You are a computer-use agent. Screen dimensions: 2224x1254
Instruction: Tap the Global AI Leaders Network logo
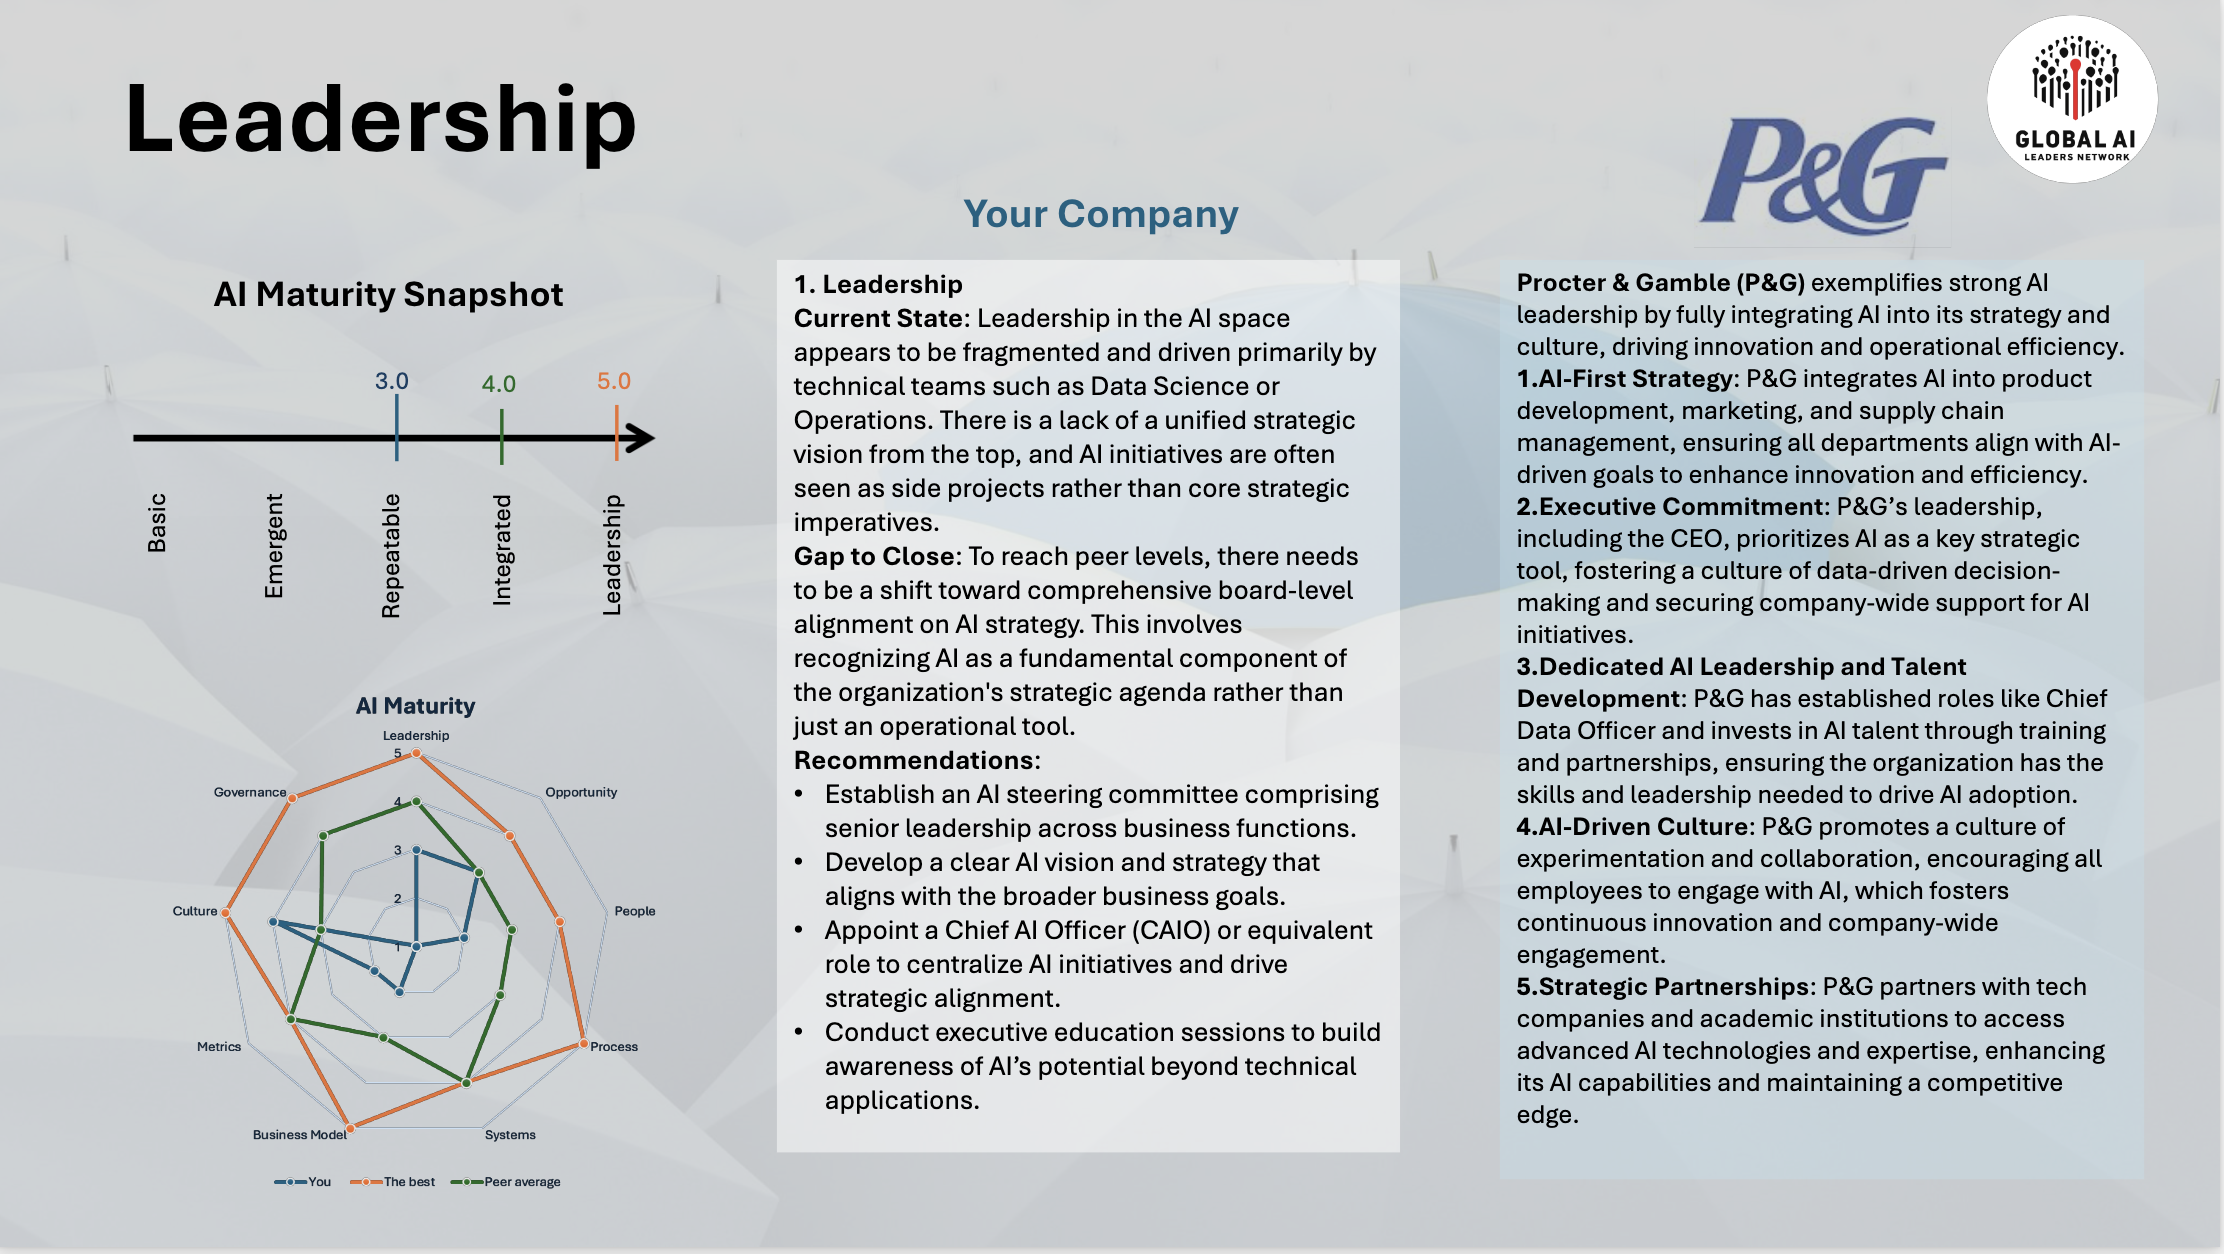[x=2072, y=99]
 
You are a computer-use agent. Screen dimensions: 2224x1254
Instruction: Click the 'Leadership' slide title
[x=381, y=120]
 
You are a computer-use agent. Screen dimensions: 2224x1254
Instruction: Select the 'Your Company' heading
[x=1100, y=214]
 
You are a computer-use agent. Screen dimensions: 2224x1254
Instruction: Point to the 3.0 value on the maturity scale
[x=392, y=381]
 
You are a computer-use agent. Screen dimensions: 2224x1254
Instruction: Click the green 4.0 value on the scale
[x=499, y=384]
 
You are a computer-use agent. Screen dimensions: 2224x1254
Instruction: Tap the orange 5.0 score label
[x=614, y=381]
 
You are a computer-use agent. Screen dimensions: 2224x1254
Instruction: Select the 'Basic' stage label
[x=157, y=522]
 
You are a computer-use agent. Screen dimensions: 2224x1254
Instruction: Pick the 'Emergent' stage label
[x=274, y=546]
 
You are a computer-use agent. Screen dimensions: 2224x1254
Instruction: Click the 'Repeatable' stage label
[x=391, y=556]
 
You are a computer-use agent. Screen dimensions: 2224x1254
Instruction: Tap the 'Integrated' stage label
[x=502, y=550]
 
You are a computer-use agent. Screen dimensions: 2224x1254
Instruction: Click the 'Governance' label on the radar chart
[x=250, y=792]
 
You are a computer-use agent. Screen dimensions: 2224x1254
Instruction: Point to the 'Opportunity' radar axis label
[x=581, y=792]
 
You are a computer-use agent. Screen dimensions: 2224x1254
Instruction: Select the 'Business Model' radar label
[x=300, y=1134]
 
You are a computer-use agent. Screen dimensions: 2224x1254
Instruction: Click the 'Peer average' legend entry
[x=506, y=1182]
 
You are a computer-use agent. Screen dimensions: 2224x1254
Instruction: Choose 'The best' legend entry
[x=393, y=1182]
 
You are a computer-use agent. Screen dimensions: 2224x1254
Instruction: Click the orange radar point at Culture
[x=226, y=912]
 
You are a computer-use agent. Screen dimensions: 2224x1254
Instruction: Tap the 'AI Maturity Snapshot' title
[x=388, y=294]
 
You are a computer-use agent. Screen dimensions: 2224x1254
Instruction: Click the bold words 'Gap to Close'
[x=877, y=556]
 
